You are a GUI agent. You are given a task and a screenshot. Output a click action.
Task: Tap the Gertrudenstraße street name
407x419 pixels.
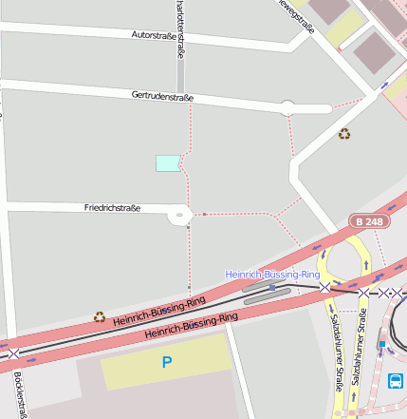[x=162, y=96]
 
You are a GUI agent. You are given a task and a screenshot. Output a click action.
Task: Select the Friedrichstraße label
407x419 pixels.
[x=112, y=207]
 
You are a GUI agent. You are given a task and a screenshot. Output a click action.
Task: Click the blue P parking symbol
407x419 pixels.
[x=167, y=362]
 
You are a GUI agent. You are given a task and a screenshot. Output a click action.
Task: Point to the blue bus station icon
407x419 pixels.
[x=396, y=382]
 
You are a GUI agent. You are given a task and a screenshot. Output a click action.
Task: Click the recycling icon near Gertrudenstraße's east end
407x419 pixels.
[x=344, y=134]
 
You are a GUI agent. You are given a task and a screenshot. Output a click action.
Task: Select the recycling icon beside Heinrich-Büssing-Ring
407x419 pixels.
[x=100, y=316]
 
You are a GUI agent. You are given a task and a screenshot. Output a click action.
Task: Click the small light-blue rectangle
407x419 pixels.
[x=168, y=162]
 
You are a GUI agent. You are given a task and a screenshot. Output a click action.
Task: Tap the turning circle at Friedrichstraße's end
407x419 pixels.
[x=179, y=216]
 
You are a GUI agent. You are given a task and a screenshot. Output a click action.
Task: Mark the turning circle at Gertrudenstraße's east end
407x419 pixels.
[x=287, y=107]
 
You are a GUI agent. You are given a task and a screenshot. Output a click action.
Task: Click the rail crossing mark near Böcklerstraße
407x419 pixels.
[x=13, y=353]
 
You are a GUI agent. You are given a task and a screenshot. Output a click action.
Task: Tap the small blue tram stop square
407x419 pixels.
[x=272, y=287]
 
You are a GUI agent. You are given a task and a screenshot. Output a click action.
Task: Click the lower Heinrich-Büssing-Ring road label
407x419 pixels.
[x=191, y=326]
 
